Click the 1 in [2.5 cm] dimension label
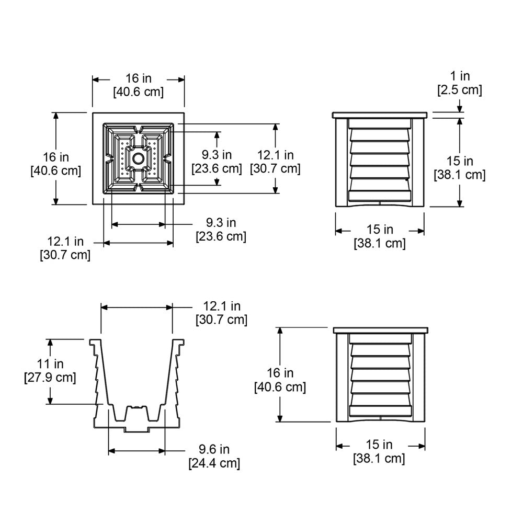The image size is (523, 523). [459, 84]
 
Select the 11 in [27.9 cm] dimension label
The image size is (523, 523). [50, 370]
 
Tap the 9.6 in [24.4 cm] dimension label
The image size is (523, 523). [214, 456]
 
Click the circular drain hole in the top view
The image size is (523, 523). [139, 158]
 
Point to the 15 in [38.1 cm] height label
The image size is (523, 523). [460, 168]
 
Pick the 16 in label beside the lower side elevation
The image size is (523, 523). [280, 380]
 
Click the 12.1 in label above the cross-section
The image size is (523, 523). [221, 312]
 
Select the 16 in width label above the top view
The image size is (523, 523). [139, 85]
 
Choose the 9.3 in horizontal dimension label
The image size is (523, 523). [221, 230]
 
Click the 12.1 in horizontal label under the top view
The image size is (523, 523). [65, 248]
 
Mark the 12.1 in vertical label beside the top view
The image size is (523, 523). [275, 162]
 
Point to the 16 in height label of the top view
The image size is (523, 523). [56, 163]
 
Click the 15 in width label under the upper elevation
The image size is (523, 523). [380, 236]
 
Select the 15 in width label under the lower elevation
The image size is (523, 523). [380, 452]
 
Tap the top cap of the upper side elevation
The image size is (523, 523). [380, 115]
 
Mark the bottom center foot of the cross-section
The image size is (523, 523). [137, 429]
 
